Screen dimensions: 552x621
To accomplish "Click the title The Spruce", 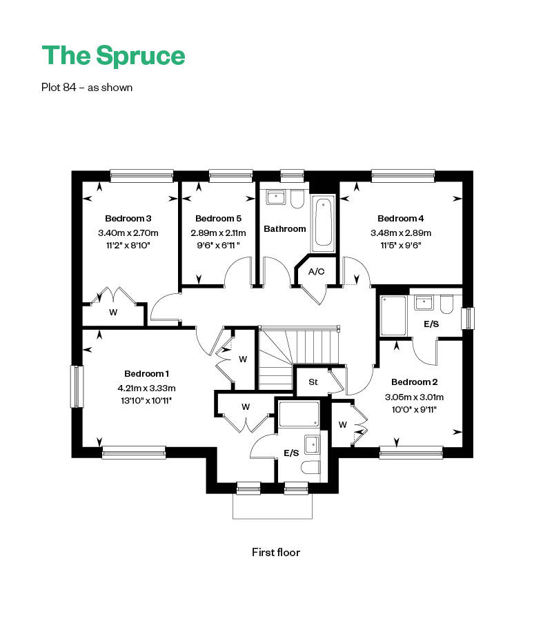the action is click(113, 56).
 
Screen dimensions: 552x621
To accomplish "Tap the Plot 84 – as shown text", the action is click(87, 87).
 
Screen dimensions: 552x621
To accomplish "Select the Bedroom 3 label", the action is click(128, 218).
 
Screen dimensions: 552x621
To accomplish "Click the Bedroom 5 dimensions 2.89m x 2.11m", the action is click(218, 233).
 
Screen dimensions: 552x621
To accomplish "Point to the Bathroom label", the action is click(285, 228).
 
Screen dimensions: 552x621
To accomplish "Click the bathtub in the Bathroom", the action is click(324, 224).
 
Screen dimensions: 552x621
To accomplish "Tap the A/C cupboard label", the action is click(317, 272).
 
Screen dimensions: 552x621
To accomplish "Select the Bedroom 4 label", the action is click(400, 218).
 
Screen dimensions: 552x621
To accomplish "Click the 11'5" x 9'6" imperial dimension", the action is click(400, 246).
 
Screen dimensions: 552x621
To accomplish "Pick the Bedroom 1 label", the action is click(146, 373).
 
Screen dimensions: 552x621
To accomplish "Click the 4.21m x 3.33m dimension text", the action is click(146, 388).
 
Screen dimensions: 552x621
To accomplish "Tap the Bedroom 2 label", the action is click(414, 382).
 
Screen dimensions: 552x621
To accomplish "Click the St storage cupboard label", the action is click(313, 382).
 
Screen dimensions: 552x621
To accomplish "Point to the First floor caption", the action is click(276, 553).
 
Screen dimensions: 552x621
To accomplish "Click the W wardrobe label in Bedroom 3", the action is click(113, 312).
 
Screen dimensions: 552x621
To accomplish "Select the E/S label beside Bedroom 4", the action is click(431, 324).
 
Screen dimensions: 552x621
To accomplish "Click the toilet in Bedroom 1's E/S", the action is click(310, 468).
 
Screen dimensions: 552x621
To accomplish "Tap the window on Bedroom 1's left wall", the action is click(77, 386).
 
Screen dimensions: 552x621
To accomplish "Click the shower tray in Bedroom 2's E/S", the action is click(393, 316).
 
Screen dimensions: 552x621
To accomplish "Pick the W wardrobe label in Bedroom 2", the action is click(342, 425).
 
